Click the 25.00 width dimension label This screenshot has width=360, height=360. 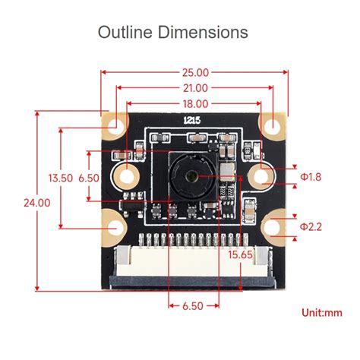pos(194,73)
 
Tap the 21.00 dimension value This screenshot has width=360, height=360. pos(194,88)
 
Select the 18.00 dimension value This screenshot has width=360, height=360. pos(194,103)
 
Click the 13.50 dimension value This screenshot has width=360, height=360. pos(60,178)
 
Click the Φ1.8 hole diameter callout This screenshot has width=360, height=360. pos(311,177)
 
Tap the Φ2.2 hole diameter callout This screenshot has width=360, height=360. pos(311,226)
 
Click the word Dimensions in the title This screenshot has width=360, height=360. pos(204,33)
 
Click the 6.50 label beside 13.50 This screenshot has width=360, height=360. pos(89,178)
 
